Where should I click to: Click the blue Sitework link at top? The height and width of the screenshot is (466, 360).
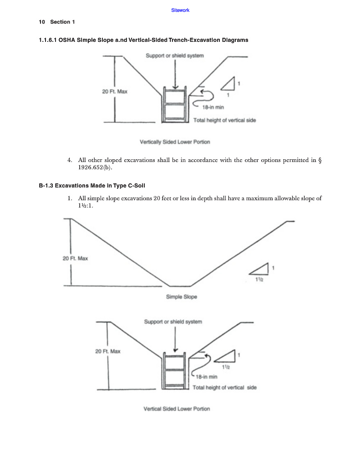coord(180,10)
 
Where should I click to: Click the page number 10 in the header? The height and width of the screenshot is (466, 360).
coord(41,22)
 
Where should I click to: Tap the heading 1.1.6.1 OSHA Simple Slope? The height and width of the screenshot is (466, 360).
coord(143,40)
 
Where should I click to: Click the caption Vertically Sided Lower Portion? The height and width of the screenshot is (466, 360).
coord(175,142)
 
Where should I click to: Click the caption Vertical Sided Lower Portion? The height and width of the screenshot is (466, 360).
coord(177,409)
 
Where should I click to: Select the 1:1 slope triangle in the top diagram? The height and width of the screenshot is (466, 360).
coord(228,85)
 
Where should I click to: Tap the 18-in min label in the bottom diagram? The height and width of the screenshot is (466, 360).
coord(206,377)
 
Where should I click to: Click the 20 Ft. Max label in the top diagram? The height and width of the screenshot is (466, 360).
coord(115,91)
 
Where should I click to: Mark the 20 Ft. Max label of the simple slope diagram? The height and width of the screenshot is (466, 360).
coord(75,258)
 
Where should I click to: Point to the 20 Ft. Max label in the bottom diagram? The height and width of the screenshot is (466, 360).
coord(108,351)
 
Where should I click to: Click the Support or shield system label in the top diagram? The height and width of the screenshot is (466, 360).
coord(175,56)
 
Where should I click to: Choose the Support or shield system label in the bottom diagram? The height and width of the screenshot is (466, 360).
coord(173,322)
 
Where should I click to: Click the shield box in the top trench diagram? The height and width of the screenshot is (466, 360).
coord(175,106)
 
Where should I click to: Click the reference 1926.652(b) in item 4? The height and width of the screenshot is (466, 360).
coord(95,167)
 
